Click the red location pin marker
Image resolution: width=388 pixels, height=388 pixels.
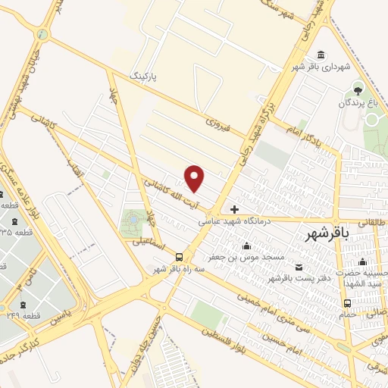(196, 178)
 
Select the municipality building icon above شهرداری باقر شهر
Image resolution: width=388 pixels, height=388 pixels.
(321, 55)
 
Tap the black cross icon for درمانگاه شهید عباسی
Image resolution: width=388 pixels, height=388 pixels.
(235, 209)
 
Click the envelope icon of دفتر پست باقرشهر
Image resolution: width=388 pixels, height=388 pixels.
(299, 266)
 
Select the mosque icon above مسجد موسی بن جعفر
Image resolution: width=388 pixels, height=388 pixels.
(247, 246)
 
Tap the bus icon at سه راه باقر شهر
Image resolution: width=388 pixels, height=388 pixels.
(180, 257)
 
